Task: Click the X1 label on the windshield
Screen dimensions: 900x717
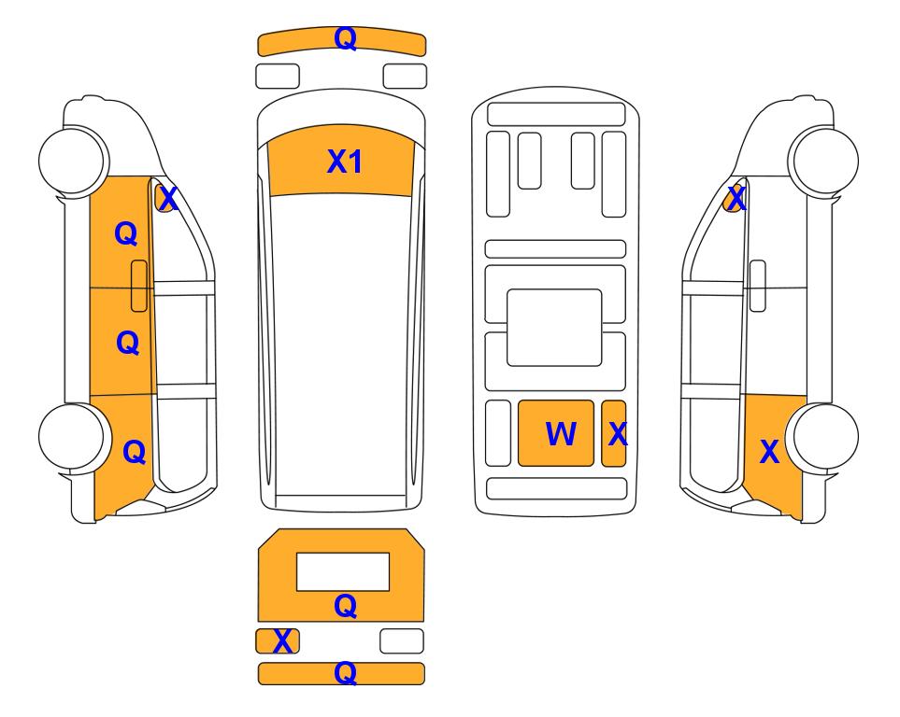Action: tap(344, 162)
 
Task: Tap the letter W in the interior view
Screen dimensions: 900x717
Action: tap(560, 433)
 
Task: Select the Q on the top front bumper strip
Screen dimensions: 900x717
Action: tap(346, 39)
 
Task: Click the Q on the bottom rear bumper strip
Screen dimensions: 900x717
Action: tap(346, 673)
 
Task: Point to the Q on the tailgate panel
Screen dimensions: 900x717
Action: tap(346, 606)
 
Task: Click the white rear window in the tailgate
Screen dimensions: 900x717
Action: tap(343, 571)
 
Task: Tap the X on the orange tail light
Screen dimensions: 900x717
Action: tap(282, 641)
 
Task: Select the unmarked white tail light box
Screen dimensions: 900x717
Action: tap(402, 640)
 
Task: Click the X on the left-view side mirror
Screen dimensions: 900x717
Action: tap(168, 199)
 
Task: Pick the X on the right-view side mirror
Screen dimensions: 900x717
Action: tap(736, 199)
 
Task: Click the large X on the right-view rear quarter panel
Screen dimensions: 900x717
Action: tap(769, 452)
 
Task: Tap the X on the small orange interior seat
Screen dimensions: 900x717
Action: tap(618, 434)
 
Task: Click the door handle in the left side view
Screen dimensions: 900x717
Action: tap(139, 286)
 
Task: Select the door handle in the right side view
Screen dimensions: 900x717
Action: tap(758, 286)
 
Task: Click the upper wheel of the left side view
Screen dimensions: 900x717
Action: tap(73, 161)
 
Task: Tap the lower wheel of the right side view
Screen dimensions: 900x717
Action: tap(824, 437)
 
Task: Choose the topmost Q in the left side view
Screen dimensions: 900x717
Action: tap(126, 234)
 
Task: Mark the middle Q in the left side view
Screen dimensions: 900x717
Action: tap(128, 343)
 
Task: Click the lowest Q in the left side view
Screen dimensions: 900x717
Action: tap(135, 452)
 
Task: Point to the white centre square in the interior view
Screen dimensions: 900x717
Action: tap(554, 328)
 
